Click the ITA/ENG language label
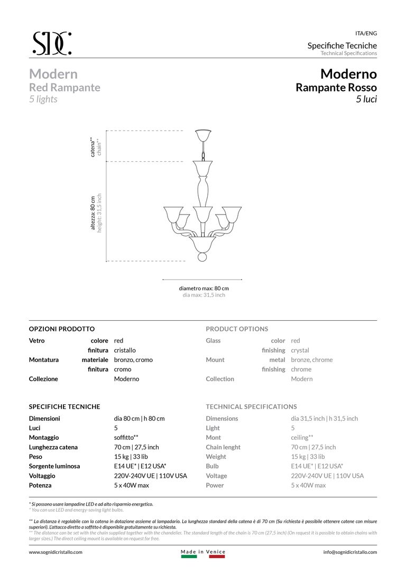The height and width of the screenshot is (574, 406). pos(366,33)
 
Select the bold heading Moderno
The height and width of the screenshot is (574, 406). pos(348,73)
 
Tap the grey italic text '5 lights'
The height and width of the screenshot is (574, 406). pos(43,99)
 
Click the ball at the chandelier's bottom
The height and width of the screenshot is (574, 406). pos(203,257)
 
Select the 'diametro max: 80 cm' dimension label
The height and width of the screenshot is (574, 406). pos(204,288)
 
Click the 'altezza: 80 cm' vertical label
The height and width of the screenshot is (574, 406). pos(93,212)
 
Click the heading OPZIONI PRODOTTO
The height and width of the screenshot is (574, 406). pos(62,329)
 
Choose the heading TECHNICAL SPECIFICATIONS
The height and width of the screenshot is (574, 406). pos(251,406)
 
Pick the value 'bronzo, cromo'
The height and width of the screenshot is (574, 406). pos(133,360)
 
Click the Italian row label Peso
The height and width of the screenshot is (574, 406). pos(35,457)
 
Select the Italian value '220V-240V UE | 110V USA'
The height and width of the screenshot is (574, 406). pos(150,476)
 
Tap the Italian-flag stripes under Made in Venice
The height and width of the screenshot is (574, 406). pos(203,556)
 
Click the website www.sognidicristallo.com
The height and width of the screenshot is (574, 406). pos(56,552)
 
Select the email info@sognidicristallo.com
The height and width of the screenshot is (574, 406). pos(350,552)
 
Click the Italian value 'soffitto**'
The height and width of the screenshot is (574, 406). pos(126,438)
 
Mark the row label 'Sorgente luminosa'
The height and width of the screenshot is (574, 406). pos(54,466)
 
